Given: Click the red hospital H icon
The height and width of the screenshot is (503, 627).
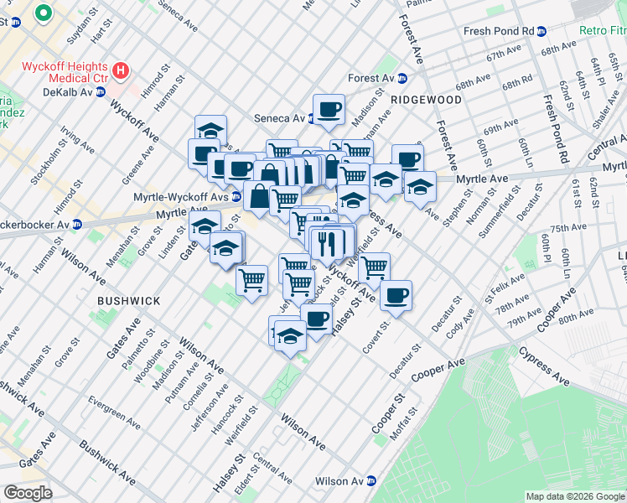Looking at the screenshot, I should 122,71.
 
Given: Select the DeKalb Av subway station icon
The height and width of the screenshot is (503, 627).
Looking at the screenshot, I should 101,92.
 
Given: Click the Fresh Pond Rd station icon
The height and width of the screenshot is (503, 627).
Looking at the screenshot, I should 541,32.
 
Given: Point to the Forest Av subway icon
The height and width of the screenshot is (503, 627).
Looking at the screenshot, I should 402,79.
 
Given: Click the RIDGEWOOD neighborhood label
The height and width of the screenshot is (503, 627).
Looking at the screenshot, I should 426,100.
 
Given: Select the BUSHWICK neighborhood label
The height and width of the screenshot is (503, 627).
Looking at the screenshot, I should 127,300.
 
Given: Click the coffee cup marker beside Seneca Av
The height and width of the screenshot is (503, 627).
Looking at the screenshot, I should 329,109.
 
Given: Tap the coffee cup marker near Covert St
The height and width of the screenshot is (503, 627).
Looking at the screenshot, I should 396,295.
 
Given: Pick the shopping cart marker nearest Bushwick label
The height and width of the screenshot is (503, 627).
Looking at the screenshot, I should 251,278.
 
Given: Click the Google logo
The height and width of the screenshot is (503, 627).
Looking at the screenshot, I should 28,493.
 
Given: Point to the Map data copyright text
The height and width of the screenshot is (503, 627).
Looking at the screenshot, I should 575,496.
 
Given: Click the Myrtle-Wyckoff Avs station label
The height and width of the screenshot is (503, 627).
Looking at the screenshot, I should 180,197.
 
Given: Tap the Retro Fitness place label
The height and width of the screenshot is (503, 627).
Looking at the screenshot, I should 603,32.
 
